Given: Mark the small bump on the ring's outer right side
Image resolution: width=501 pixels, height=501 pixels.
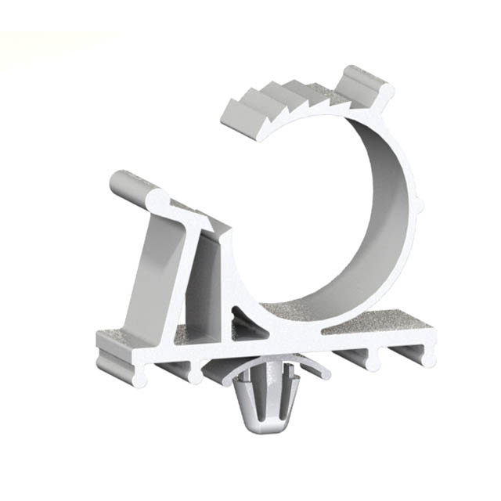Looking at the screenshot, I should click(421, 205).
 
